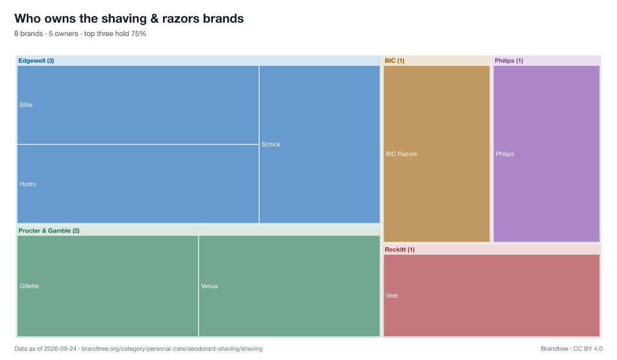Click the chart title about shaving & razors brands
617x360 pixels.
[129, 19]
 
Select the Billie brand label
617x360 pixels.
[26, 105]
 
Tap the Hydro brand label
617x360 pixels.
[28, 184]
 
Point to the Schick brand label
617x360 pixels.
[271, 145]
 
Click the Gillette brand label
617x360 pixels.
[29, 286]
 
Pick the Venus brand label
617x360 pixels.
[209, 286]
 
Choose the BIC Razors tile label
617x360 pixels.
[402, 154]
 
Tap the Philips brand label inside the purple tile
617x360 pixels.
[505, 154]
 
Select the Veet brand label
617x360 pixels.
[392, 296]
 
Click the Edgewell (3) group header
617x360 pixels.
[36, 61]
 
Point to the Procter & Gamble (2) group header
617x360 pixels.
[49, 231]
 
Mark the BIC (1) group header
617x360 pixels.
[394, 61]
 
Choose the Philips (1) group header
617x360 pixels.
[509, 61]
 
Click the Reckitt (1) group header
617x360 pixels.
[400, 249]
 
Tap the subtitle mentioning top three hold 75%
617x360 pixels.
[80, 33]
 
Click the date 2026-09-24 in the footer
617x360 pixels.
[60, 349]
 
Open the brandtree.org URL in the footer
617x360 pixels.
[172, 349]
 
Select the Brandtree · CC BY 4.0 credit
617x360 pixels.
[572, 349]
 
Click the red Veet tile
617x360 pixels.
[492, 296]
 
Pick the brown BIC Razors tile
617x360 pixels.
[437, 154]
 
